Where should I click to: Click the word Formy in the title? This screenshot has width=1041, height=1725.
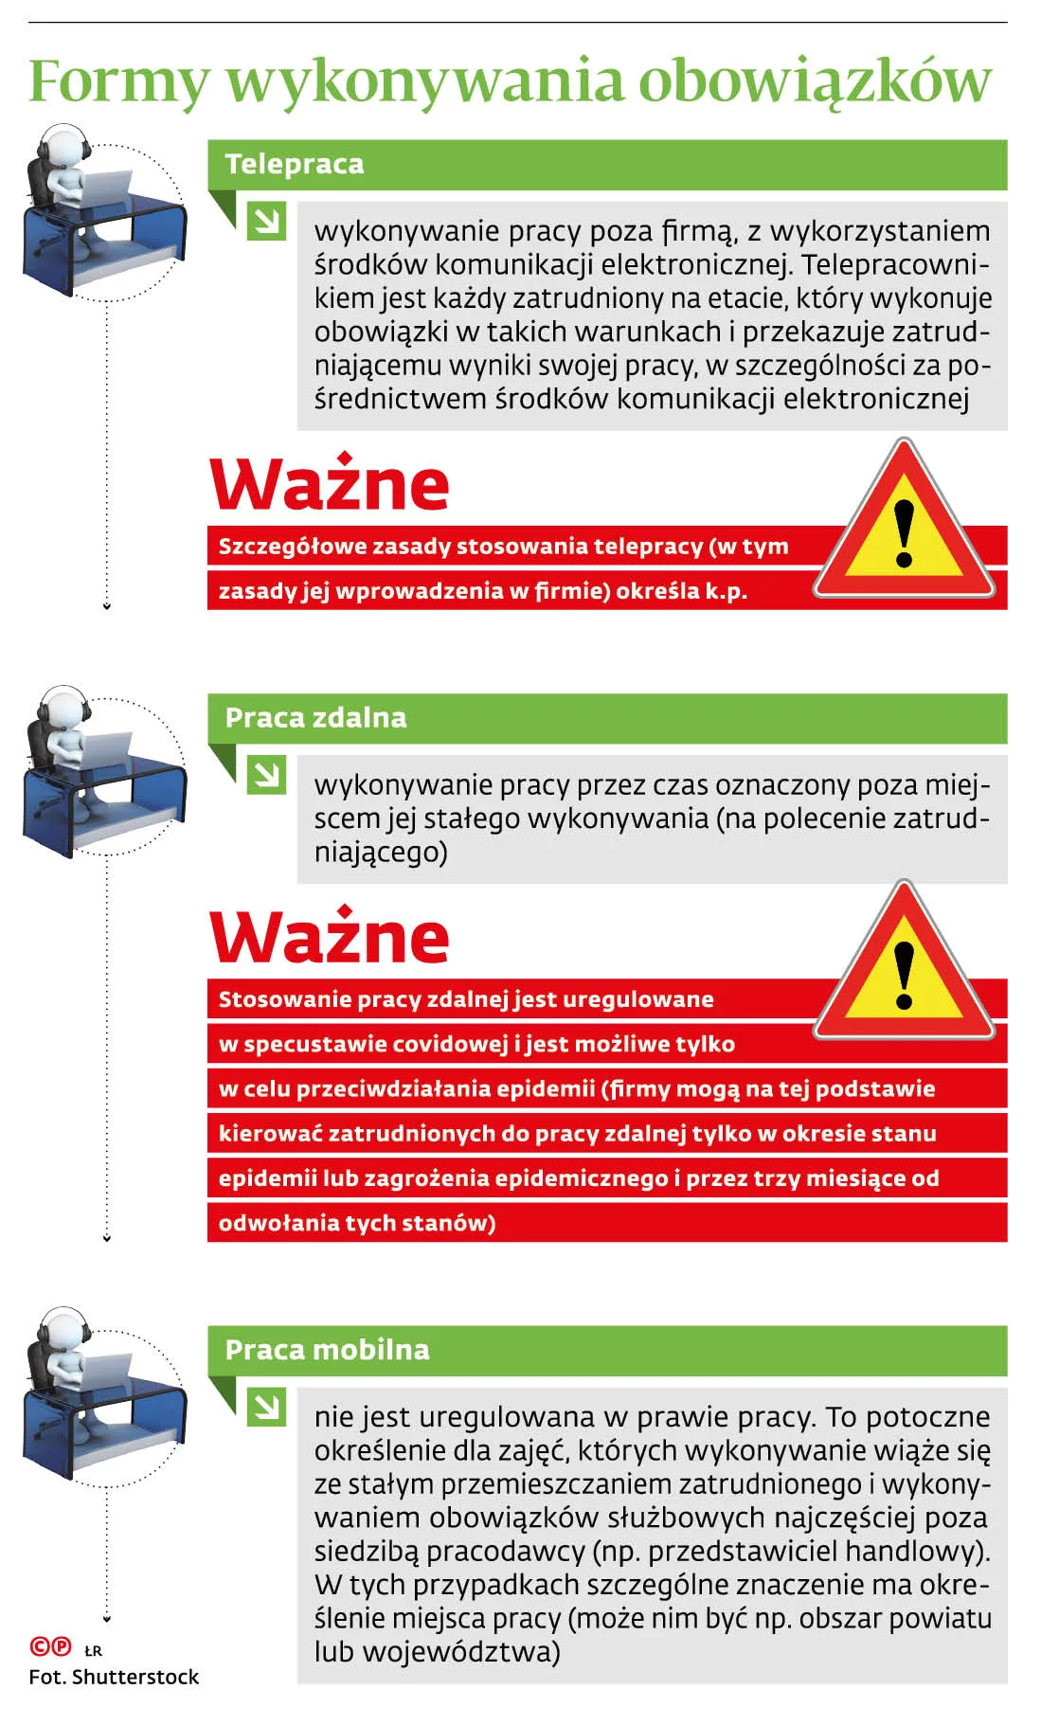[x=117, y=82]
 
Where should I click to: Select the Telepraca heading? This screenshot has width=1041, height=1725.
[x=294, y=164]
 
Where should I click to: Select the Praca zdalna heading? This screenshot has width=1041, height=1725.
[x=315, y=717]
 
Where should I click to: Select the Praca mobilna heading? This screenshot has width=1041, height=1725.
[x=327, y=1349]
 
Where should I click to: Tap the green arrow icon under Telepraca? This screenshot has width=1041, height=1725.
[x=266, y=222]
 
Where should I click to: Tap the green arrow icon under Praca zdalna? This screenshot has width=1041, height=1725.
[x=266, y=776]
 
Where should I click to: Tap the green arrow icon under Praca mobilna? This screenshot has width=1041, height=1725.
[x=266, y=1407]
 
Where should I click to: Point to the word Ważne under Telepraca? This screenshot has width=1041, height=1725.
[x=329, y=485]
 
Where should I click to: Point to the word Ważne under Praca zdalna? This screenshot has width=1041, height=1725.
[x=329, y=937]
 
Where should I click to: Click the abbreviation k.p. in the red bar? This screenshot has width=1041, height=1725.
[x=726, y=591]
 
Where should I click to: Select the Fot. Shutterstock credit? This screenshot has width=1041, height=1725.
[x=114, y=1677]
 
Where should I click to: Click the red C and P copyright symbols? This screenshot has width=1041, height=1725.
[x=50, y=1646]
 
